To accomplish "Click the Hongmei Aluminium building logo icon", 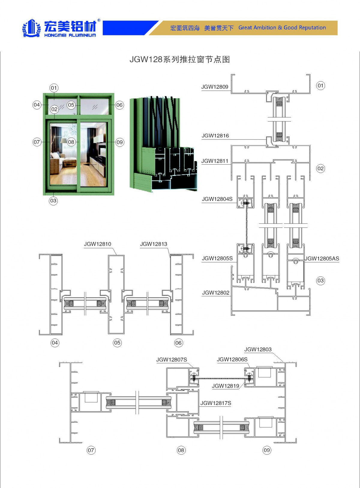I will pos(31,28).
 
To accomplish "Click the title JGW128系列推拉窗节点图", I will pos(179,59).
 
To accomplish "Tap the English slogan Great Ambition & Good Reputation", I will pos(282,28).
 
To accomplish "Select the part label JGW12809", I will pos(214,87).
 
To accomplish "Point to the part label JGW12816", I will pos(215,136).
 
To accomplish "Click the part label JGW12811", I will pos(214,161).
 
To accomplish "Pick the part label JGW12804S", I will pos(217,199).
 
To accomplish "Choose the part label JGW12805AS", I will pos(322,259).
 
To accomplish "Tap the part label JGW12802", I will pos(215,293).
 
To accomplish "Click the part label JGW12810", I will pos(97,244).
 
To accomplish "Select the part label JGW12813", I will pos(154,244).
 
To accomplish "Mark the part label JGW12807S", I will pos(172,360).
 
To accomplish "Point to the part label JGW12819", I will pos(225,386).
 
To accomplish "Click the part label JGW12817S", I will pos(216,403).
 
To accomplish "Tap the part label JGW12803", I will pos(258,350).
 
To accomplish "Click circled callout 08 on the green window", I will pos(71,142).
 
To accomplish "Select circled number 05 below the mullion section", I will pos(117,343).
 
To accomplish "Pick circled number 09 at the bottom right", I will pos(267,450).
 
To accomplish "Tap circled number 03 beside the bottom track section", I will pos(320,281).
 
